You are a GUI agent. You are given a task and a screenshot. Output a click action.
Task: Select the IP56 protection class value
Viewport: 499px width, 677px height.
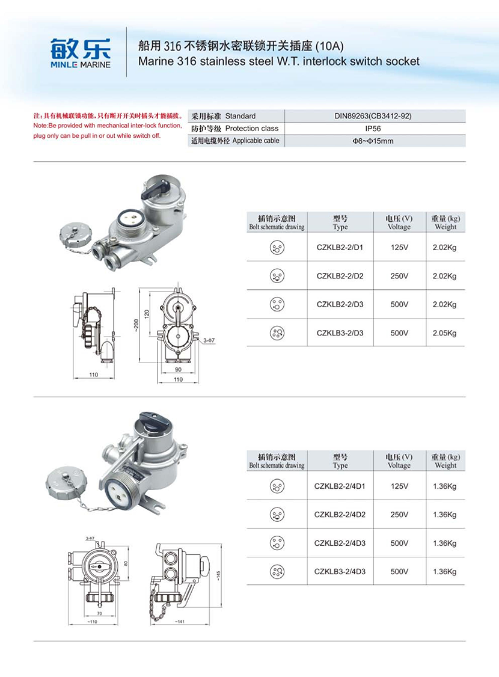(x=373, y=128)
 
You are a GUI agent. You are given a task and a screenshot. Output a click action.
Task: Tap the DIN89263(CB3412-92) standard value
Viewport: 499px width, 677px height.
(x=373, y=116)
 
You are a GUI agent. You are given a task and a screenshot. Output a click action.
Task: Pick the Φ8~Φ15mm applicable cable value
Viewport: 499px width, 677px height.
(x=373, y=141)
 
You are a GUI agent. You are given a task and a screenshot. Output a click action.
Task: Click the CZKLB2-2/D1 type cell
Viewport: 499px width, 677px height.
(x=340, y=247)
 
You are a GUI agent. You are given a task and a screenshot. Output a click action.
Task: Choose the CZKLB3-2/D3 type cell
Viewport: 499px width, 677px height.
(x=340, y=332)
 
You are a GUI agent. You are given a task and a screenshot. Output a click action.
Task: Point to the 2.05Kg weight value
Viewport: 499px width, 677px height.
(x=445, y=332)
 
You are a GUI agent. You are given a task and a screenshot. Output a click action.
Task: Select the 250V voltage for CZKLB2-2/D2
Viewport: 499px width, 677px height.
(x=399, y=276)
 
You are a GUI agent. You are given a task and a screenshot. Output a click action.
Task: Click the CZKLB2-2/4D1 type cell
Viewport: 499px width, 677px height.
(x=340, y=485)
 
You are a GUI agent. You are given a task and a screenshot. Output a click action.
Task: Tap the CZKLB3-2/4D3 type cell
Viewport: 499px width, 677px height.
(x=340, y=571)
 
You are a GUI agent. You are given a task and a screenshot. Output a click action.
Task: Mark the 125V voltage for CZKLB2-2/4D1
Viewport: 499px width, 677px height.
(x=399, y=485)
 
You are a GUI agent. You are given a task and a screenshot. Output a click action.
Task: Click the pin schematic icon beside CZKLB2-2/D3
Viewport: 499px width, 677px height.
(x=277, y=304)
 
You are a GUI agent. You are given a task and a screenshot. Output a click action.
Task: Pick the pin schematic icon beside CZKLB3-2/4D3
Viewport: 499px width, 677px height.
(x=277, y=571)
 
